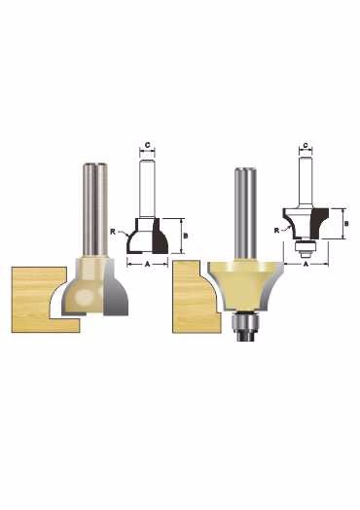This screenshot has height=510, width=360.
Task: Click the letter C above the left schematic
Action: pos(147,145)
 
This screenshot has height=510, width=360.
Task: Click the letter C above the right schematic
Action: pos(306,145)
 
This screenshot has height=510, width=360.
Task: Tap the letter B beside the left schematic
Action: pos(186,237)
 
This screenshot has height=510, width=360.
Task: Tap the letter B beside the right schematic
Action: pos(346,224)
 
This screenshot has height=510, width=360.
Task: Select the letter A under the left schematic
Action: pos(147,265)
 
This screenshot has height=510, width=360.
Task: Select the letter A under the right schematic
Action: pos(306,265)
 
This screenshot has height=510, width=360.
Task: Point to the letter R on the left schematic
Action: pos(113,232)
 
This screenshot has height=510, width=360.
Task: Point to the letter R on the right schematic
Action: pos(276,231)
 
